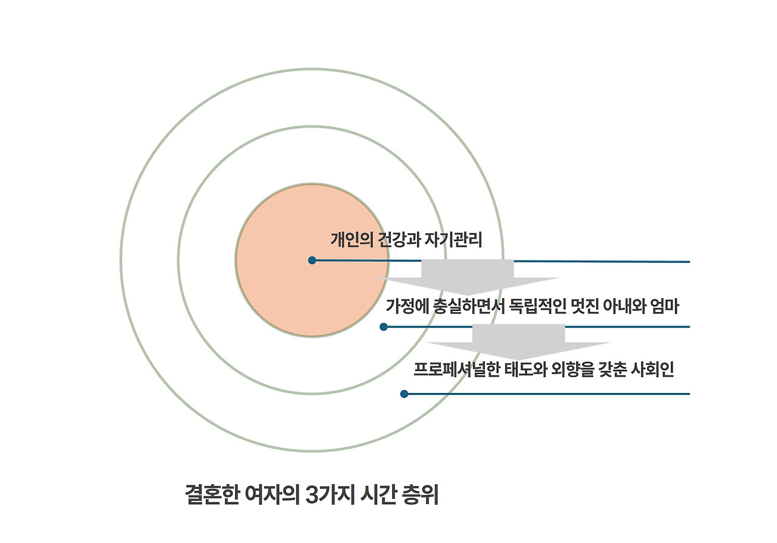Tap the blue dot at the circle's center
click(312, 261)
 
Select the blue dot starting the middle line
click(384, 327)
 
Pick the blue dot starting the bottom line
click(404, 394)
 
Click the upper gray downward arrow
click(468, 275)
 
